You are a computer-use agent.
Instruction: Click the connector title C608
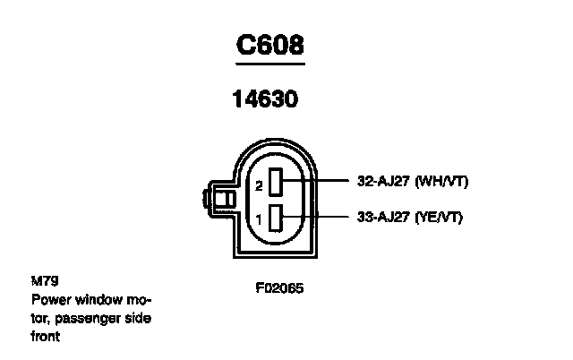pyautogui.click(x=269, y=46)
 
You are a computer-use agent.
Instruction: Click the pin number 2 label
pyautogui.click(x=259, y=186)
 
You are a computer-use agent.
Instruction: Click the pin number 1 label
pyautogui.click(x=259, y=219)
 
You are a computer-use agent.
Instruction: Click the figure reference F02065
pyautogui.click(x=280, y=289)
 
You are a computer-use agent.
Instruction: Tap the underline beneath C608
pyautogui.click(x=269, y=64)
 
